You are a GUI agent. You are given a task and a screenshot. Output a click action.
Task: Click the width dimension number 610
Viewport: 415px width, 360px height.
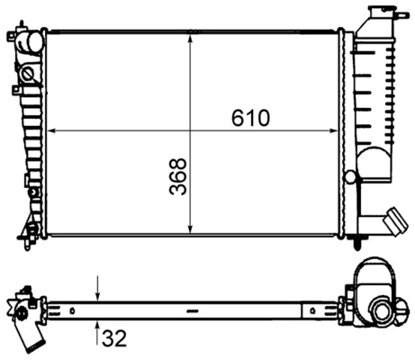[x=249, y=118]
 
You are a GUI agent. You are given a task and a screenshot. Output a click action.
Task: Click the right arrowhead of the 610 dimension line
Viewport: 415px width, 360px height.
[x=336, y=131]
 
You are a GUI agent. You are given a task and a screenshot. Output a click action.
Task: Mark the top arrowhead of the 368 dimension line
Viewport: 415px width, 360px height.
[x=190, y=37]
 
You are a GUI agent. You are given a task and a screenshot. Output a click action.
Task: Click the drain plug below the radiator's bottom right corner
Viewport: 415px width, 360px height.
[x=359, y=241]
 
